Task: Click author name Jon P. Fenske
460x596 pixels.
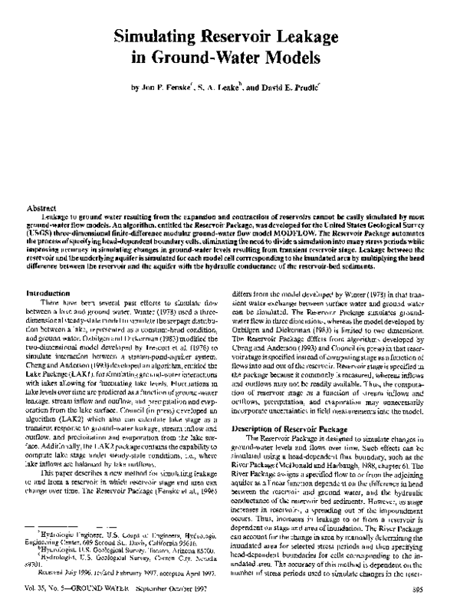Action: (x=170, y=88)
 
